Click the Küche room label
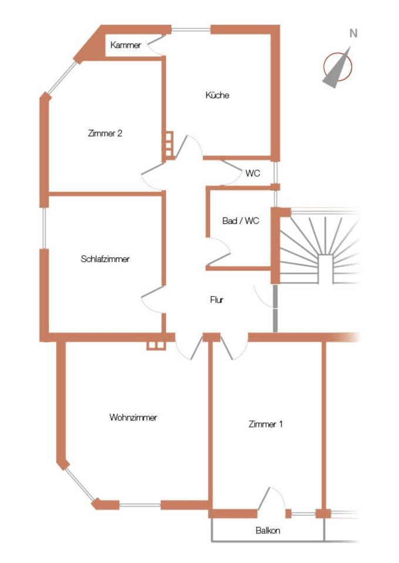pos(217,95)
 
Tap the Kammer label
pos(126,45)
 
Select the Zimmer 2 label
pos(105,133)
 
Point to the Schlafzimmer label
pos(105,259)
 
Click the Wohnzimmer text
pos(133,417)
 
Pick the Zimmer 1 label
pos(265,424)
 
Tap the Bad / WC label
pos(240,221)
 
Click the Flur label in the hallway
pos(217,300)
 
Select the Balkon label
pos(268,530)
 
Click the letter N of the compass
pos(353,33)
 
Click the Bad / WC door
pos(219,252)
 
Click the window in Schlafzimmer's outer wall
pos(44,228)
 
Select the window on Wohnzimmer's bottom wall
pos(140,505)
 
